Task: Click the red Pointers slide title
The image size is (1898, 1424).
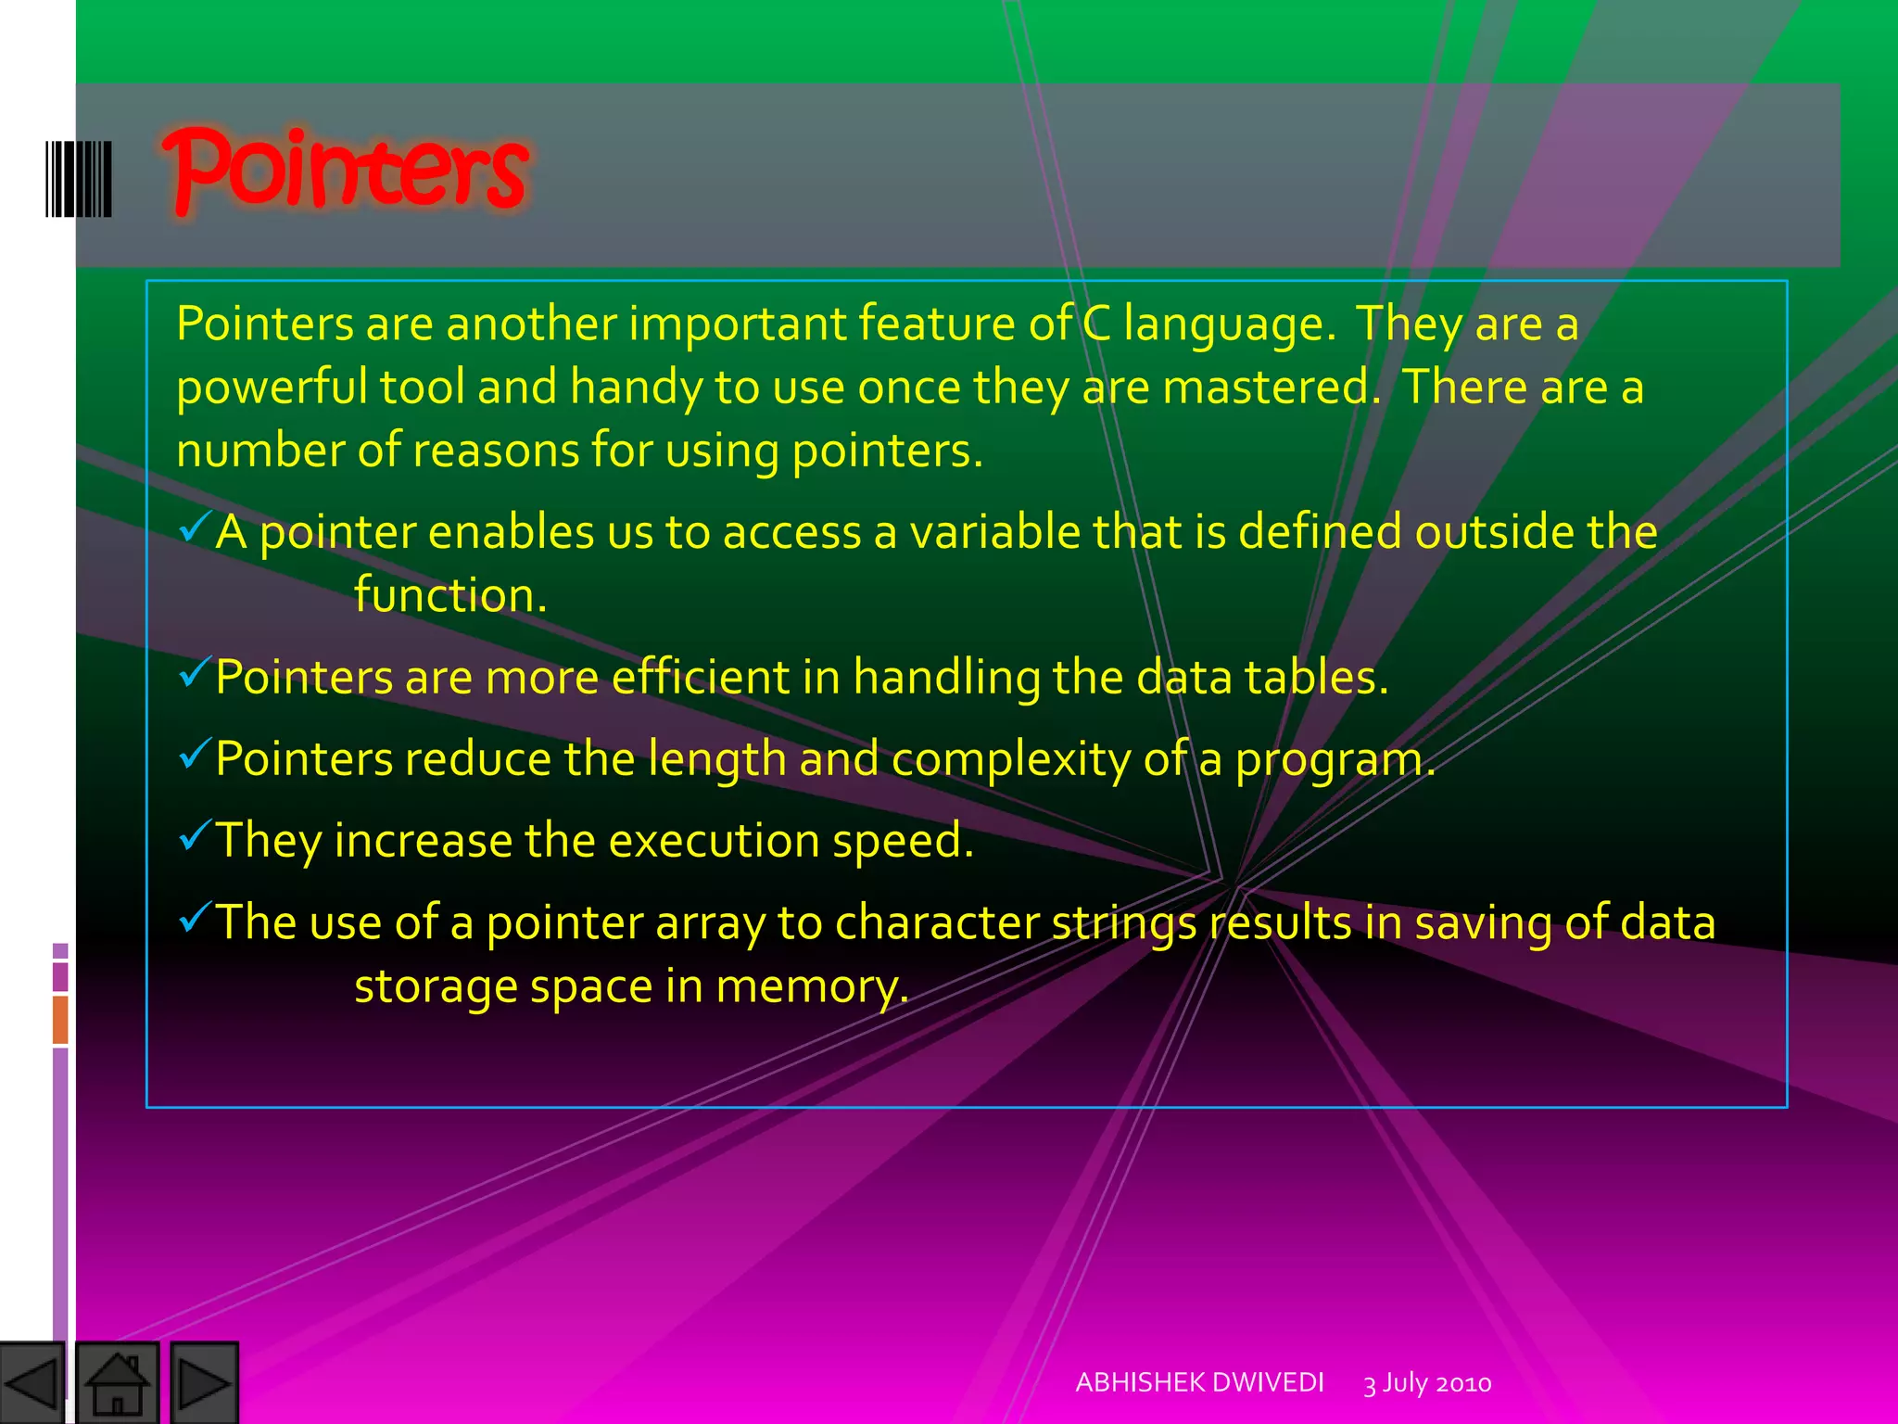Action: coord(345,170)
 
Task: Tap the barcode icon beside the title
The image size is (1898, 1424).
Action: coord(79,179)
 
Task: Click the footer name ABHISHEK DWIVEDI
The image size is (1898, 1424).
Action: coord(1199,1382)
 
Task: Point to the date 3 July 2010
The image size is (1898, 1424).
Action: coord(1427,1383)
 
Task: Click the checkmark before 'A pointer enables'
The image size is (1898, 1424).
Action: coord(195,528)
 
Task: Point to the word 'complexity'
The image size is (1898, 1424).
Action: coord(1010,760)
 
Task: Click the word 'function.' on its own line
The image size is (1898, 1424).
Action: coord(450,595)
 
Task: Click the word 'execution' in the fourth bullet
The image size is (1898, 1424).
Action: coord(714,841)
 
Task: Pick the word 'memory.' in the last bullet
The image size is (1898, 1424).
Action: coord(812,986)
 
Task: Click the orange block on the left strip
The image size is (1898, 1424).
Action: coord(60,1020)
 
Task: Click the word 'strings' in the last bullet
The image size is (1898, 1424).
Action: coord(1123,924)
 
